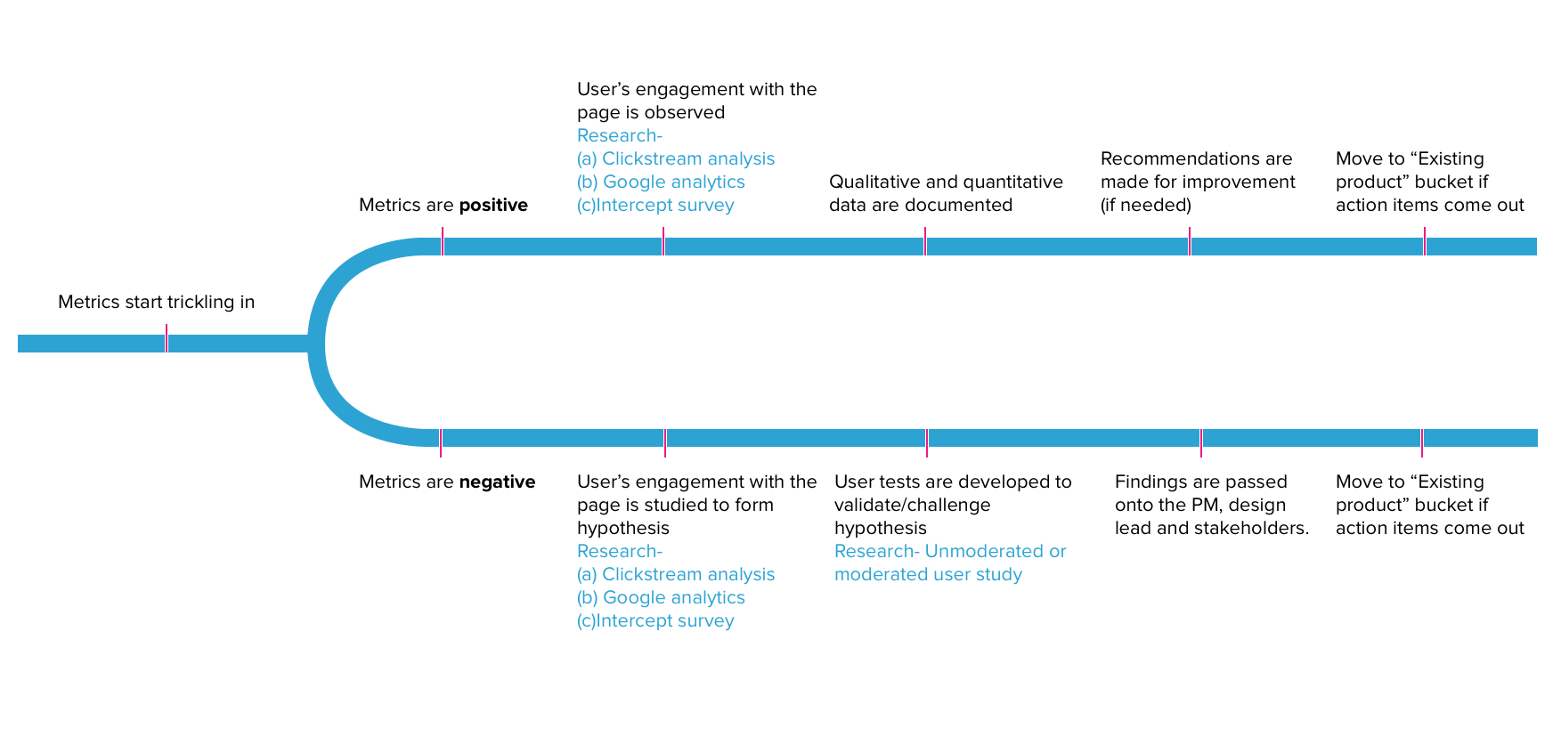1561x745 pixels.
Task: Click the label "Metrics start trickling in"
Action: tap(156, 302)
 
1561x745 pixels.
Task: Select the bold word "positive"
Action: tap(493, 206)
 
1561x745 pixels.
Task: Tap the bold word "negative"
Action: tap(497, 482)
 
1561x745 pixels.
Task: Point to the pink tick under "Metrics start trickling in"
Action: tap(167, 338)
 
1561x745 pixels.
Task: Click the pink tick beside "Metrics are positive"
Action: tap(443, 241)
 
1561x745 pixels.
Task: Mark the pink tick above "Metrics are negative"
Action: tap(441, 442)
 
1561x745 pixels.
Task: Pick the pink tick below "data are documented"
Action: tap(925, 241)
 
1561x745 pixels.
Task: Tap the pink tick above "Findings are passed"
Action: tap(1201, 442)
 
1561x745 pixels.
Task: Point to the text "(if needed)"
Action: tap(1146, 206)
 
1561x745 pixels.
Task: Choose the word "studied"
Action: tap(674, 505)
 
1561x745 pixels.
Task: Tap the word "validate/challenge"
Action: tap(913, 505)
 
